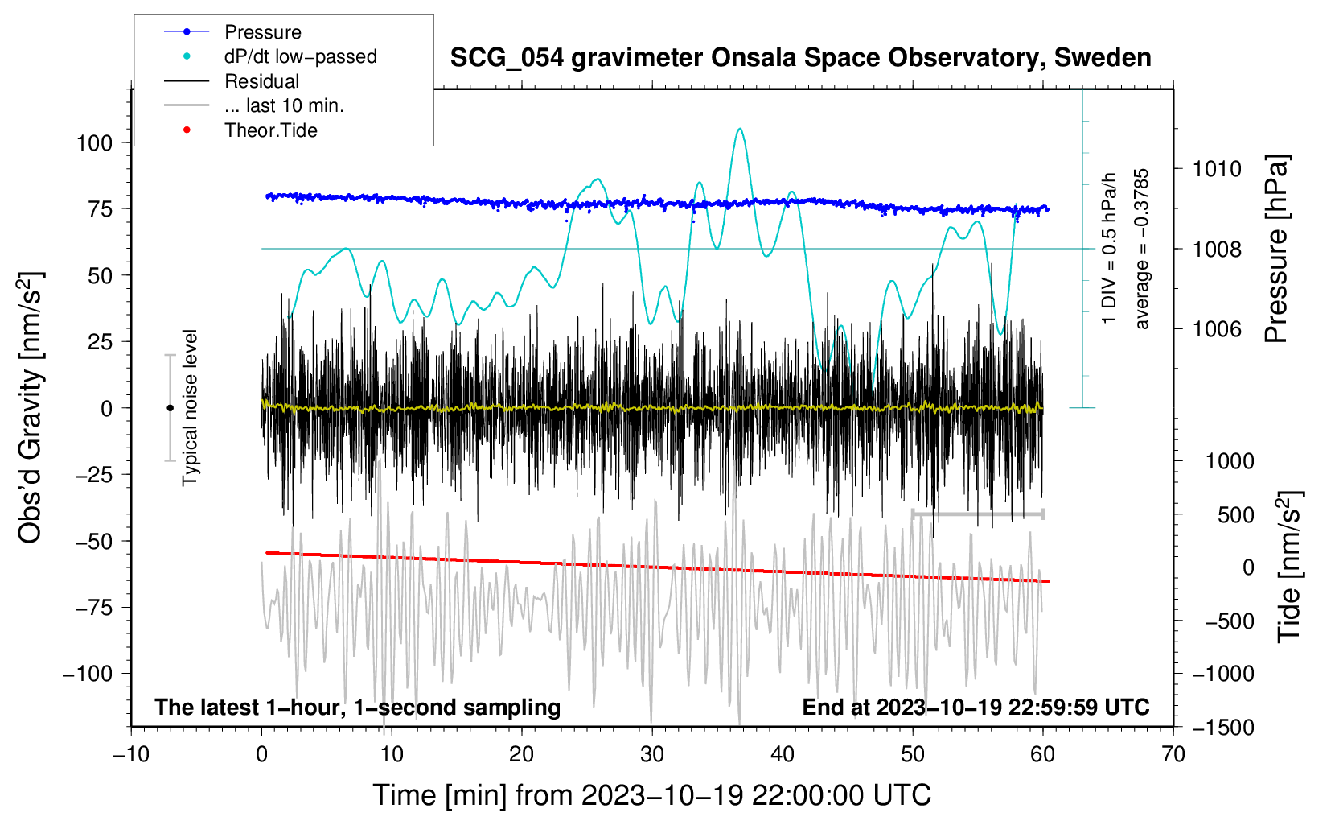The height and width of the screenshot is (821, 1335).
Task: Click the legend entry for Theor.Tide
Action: pyautogui.click(x=270, y=130)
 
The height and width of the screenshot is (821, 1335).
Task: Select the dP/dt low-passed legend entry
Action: pyautogui.click(x=300, y=56)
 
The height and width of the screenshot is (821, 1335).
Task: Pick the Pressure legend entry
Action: pyautogui.click(x=263, y=32)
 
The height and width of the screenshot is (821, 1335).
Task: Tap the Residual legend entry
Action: pyautogui.click(x=261, y=81)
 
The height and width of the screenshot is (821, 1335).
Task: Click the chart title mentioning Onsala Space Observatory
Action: pyautogui.click(x=800, y=58)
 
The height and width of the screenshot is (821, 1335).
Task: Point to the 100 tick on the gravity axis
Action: pyautogui.click(x=94, y=143)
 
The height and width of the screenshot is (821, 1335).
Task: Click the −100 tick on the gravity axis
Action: pyautogui.click(x=88, y=674)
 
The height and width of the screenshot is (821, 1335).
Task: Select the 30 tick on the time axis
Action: pyautogui.click(x=652, y=754)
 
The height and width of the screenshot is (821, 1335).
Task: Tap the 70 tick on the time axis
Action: pyautogui.click(x=1173, y=754)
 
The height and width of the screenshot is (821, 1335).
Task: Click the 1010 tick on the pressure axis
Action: pyautogui.click(x=1217, y=169)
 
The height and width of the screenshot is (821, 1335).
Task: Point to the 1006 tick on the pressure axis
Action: pyautogui.click(x=1217, y=328)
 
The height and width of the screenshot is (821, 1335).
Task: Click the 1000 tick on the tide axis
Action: pyautogui.click(x=1229, y=461)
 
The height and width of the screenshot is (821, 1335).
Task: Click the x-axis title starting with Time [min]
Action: pyautogui.click(x=651, y=795)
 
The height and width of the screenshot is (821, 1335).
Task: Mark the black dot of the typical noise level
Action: pyautogui.click(x=170, y=408)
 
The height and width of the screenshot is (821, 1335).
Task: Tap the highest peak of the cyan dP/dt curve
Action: pyautogui.click(x=740, y=129)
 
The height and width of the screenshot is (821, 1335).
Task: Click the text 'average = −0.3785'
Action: pyautogui.click(x=1142, y=249)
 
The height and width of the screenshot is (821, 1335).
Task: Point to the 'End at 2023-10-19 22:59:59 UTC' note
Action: pyautogui.click(x=976, y=707)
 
